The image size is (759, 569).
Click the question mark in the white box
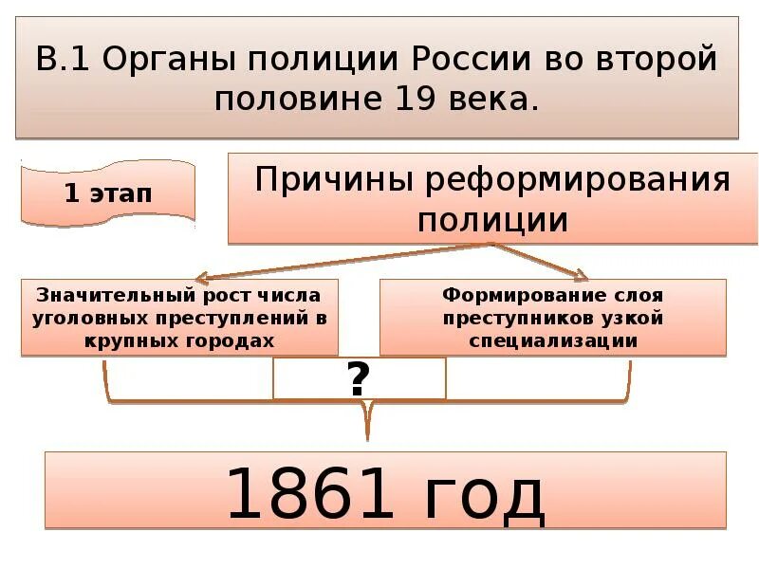click(358, 379)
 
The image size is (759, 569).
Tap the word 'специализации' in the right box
click(552, 340)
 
